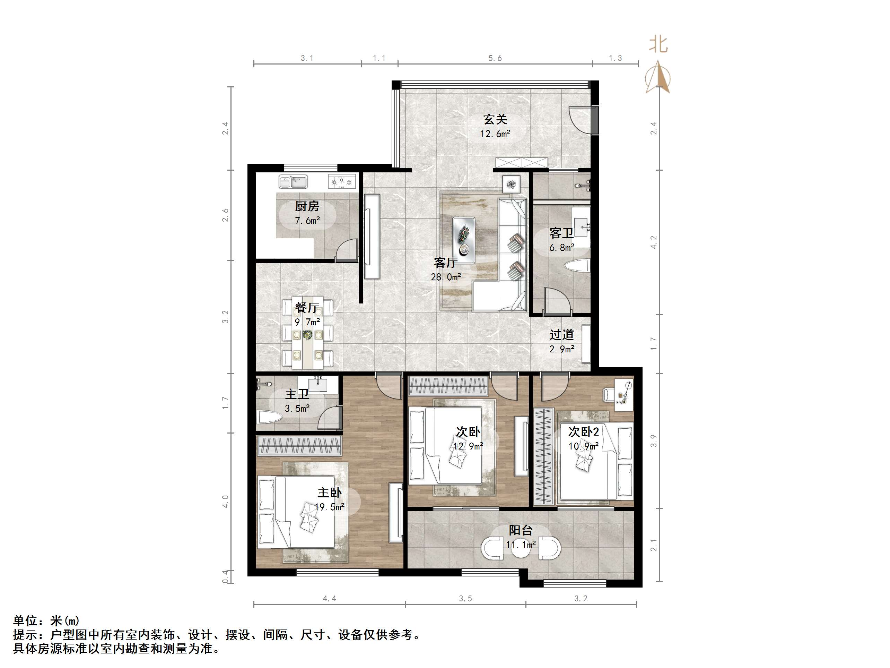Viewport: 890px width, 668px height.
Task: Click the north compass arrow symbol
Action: coord(658,77)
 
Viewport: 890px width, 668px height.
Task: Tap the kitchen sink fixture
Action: coord(293,182)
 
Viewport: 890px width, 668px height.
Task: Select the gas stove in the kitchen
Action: coord(342,182)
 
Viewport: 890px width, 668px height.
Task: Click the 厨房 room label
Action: coord(307,206)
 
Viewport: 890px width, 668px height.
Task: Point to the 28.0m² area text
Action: coord(446,277)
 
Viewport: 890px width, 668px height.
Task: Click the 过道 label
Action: coord(562,335)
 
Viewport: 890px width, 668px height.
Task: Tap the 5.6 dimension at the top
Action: coord(495,58)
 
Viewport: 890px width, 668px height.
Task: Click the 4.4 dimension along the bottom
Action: coord(330,599)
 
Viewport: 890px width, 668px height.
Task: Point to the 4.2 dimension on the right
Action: coord(654,242)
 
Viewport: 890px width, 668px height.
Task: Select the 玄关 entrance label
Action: coord(495,119)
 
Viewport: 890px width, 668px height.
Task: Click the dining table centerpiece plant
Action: coord(308,335)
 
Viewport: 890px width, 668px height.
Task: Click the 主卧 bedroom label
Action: coord(330,493)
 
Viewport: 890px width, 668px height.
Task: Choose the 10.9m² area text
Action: coord(583,446)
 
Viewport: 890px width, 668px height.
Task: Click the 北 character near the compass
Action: coord(658,44)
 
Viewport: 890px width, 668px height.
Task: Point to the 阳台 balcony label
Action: coord(521,530)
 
